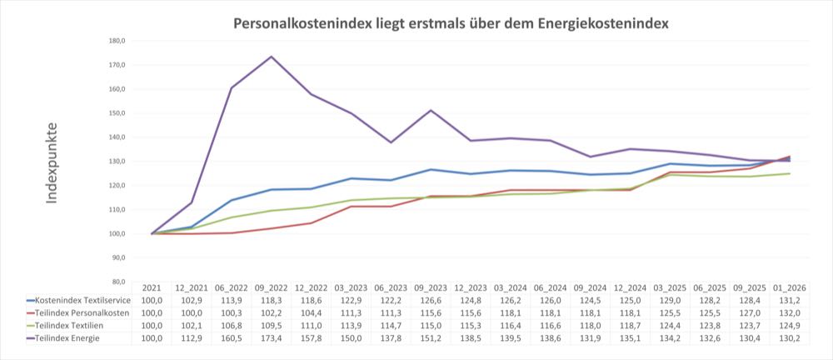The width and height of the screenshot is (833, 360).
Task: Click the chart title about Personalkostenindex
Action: click(x=450, y=22)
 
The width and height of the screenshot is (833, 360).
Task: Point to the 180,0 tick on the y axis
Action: click(x=117, y=41)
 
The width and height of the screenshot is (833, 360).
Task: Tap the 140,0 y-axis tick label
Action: click(x=117, y=137)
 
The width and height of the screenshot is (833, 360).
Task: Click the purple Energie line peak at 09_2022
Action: click(x=272, y=57)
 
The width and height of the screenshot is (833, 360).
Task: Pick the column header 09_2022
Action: click(x=272, y=287)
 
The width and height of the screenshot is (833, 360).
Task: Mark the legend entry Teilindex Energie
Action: click(x=67, y=337)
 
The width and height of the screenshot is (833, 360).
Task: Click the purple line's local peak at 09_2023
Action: click(x=431, y=110)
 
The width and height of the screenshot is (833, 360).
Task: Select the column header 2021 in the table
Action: click(x=152, y=287)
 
